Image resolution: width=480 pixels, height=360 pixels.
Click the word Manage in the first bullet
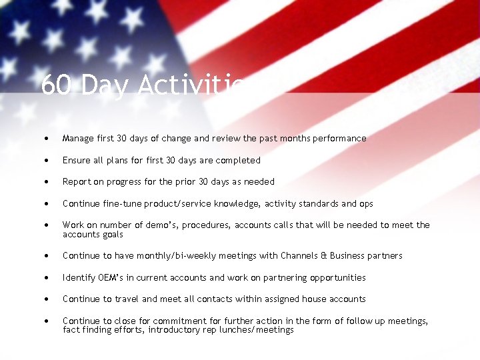(x=79, y=139)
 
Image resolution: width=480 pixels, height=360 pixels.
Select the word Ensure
(x=77, y=160)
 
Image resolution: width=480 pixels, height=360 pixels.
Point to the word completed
(x=238, y=160)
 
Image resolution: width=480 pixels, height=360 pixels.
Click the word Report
(x=77, y=181)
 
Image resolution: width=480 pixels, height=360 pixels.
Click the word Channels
(x=303, y=255)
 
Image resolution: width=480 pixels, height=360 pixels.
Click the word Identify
(x=79, y=277)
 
